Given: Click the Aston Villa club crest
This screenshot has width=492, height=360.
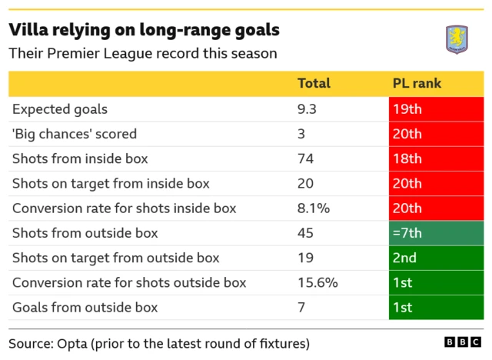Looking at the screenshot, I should coord(457,39).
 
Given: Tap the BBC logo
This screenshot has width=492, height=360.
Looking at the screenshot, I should coord(462,342).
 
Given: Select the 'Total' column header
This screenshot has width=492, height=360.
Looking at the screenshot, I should coord(314,84).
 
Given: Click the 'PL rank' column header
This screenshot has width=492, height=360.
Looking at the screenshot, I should coord(417,84).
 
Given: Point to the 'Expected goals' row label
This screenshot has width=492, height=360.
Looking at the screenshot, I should coord(60,109).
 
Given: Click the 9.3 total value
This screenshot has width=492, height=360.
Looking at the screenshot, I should coord(307,109).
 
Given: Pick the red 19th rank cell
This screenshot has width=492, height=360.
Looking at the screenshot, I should coord(436,109).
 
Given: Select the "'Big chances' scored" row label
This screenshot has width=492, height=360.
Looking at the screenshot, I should coord(75,134).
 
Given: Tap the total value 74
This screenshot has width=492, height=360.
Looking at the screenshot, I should coord(305,159).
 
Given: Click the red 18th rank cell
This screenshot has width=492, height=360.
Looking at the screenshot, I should coord(436,159).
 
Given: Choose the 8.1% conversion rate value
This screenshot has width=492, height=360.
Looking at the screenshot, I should coord(314,208).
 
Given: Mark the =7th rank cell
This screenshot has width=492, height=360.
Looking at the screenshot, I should coord(436,233).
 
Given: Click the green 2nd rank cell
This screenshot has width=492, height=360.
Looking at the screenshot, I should coord(436,258).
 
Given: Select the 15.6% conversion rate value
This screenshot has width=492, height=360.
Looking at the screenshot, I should coord(317,282).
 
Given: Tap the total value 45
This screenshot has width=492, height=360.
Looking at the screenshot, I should coord(305,233).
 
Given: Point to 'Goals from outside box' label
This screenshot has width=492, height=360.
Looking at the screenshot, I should coord(85,307).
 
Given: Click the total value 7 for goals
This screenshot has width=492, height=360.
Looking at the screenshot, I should coord(301,307).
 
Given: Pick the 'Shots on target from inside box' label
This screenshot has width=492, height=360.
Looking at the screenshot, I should coord(111,184).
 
